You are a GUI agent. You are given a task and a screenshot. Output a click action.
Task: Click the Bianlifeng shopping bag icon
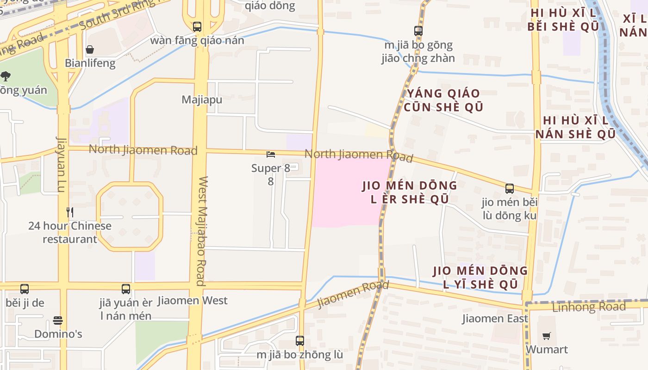point(90,49)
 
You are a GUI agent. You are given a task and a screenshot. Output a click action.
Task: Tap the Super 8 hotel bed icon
point(271,154)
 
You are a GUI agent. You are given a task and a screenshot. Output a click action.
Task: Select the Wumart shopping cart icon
point(547,336)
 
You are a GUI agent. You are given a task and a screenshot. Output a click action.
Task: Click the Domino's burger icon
point(58,321)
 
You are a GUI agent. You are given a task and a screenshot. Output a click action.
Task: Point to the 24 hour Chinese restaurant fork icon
point(70,212)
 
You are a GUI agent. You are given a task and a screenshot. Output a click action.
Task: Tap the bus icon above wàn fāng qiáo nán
point(197,27)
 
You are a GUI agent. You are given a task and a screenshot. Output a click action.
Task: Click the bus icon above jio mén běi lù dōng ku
point(510,189)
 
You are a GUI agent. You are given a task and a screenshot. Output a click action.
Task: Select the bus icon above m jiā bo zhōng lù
point(300,341)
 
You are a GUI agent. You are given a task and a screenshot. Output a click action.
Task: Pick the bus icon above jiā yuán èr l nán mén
point(126,289)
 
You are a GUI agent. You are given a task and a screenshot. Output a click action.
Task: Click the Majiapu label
point(202,99)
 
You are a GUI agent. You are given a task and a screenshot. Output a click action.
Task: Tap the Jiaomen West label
point(193,301)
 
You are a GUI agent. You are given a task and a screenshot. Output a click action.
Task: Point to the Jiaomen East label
point(495,319)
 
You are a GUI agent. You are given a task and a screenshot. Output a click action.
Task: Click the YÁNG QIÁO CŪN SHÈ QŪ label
point(444,100)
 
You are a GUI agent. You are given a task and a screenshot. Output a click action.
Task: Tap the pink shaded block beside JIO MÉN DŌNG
point(345,199)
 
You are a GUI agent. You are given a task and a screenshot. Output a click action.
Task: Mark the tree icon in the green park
point(6,76)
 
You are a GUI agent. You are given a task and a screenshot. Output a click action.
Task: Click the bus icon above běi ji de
point(25,289)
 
